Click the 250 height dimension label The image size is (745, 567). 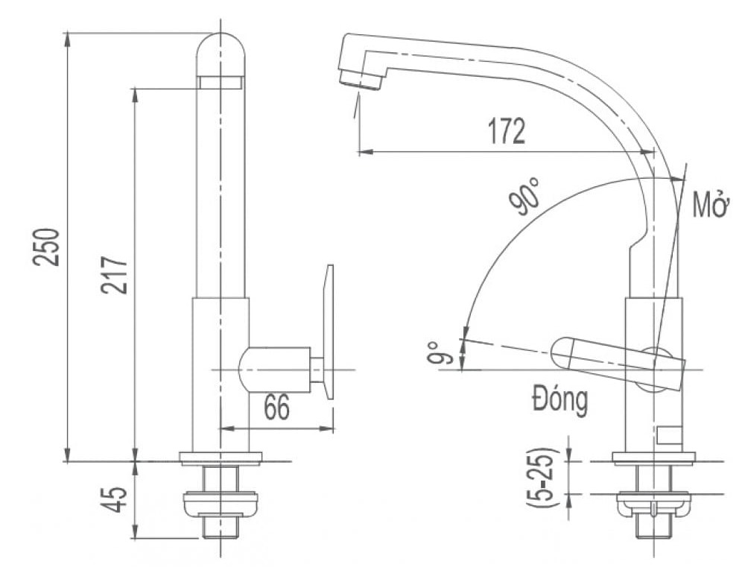(x=45, y=247)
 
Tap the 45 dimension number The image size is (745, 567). (x=114, y=501)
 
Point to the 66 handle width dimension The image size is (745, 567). (x=276, y=408)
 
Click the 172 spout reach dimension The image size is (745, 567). (x=507, y=132)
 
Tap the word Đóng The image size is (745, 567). (x=559, y=401)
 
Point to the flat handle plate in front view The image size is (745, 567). (x=329, y=332)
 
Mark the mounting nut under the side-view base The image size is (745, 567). (x=653, y=506)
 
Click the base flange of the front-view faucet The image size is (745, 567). (x=221, y=458)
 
